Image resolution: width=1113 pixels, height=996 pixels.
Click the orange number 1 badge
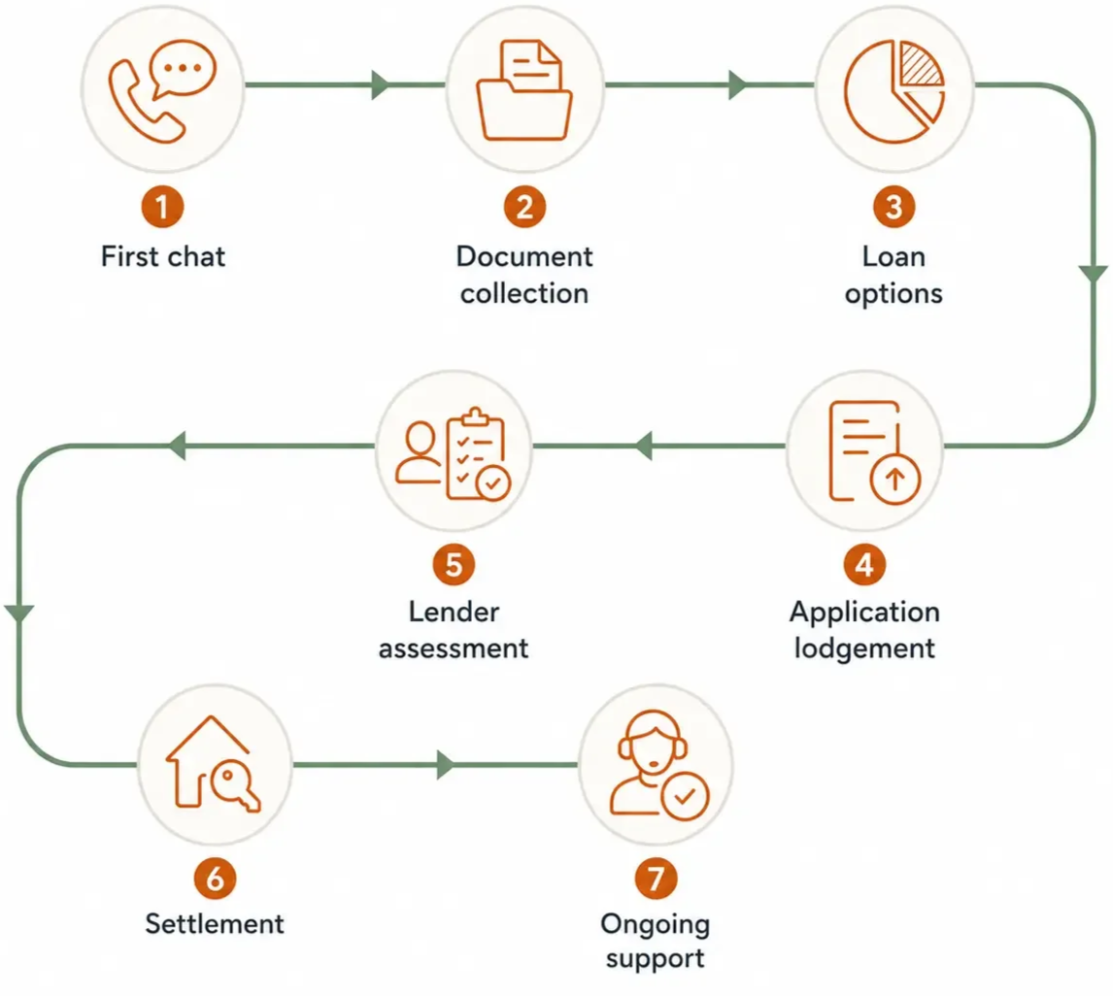click(162, 207)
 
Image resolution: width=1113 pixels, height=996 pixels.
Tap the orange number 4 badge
click(864, 565)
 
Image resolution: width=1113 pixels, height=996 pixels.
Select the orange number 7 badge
click(656, 879)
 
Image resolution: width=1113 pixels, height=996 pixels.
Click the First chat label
click(163, 256)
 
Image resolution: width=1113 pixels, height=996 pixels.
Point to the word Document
click(524, 256)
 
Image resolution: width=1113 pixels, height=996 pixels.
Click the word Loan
click(894, 256)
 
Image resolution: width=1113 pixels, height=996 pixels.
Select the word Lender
click(454, 612)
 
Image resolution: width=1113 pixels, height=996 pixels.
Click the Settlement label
click(215, 923)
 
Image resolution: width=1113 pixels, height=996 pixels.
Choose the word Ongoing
click(656, 924)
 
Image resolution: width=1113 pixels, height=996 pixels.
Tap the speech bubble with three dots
click(184, 69)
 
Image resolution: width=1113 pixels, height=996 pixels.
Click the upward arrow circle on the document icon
click(895, 480)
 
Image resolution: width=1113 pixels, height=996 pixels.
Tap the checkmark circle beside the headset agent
click(685, 796)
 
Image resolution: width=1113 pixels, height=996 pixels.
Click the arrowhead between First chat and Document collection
click(381, 84)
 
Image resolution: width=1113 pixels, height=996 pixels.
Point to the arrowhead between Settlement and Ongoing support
click(446, 764)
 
